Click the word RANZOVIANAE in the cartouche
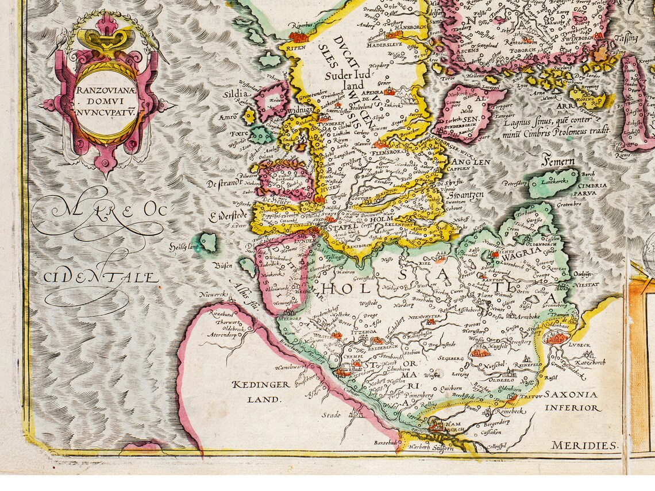101,91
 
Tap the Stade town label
331,415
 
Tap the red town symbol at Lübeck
556,338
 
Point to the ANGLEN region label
471,162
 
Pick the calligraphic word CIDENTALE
101,278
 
